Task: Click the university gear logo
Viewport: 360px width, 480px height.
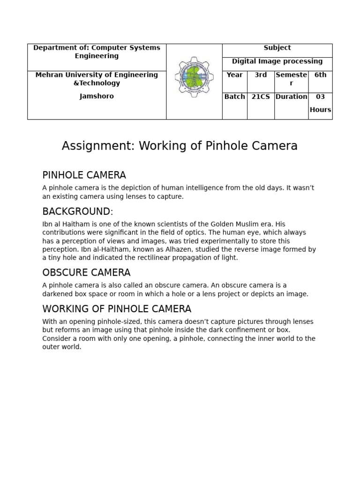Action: pos(194,77)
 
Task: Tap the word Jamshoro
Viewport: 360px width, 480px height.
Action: pos(97,96)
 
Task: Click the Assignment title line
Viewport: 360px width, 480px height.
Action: pos(180,146)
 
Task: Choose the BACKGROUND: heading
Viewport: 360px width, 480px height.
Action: pos(78,211)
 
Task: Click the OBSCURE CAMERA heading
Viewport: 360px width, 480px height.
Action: pos(86,273)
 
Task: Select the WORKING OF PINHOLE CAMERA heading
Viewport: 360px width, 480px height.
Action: pos(117,309)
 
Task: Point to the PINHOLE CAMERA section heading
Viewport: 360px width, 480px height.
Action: pos(84,175)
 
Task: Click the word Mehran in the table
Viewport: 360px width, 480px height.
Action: pos(49,75)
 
